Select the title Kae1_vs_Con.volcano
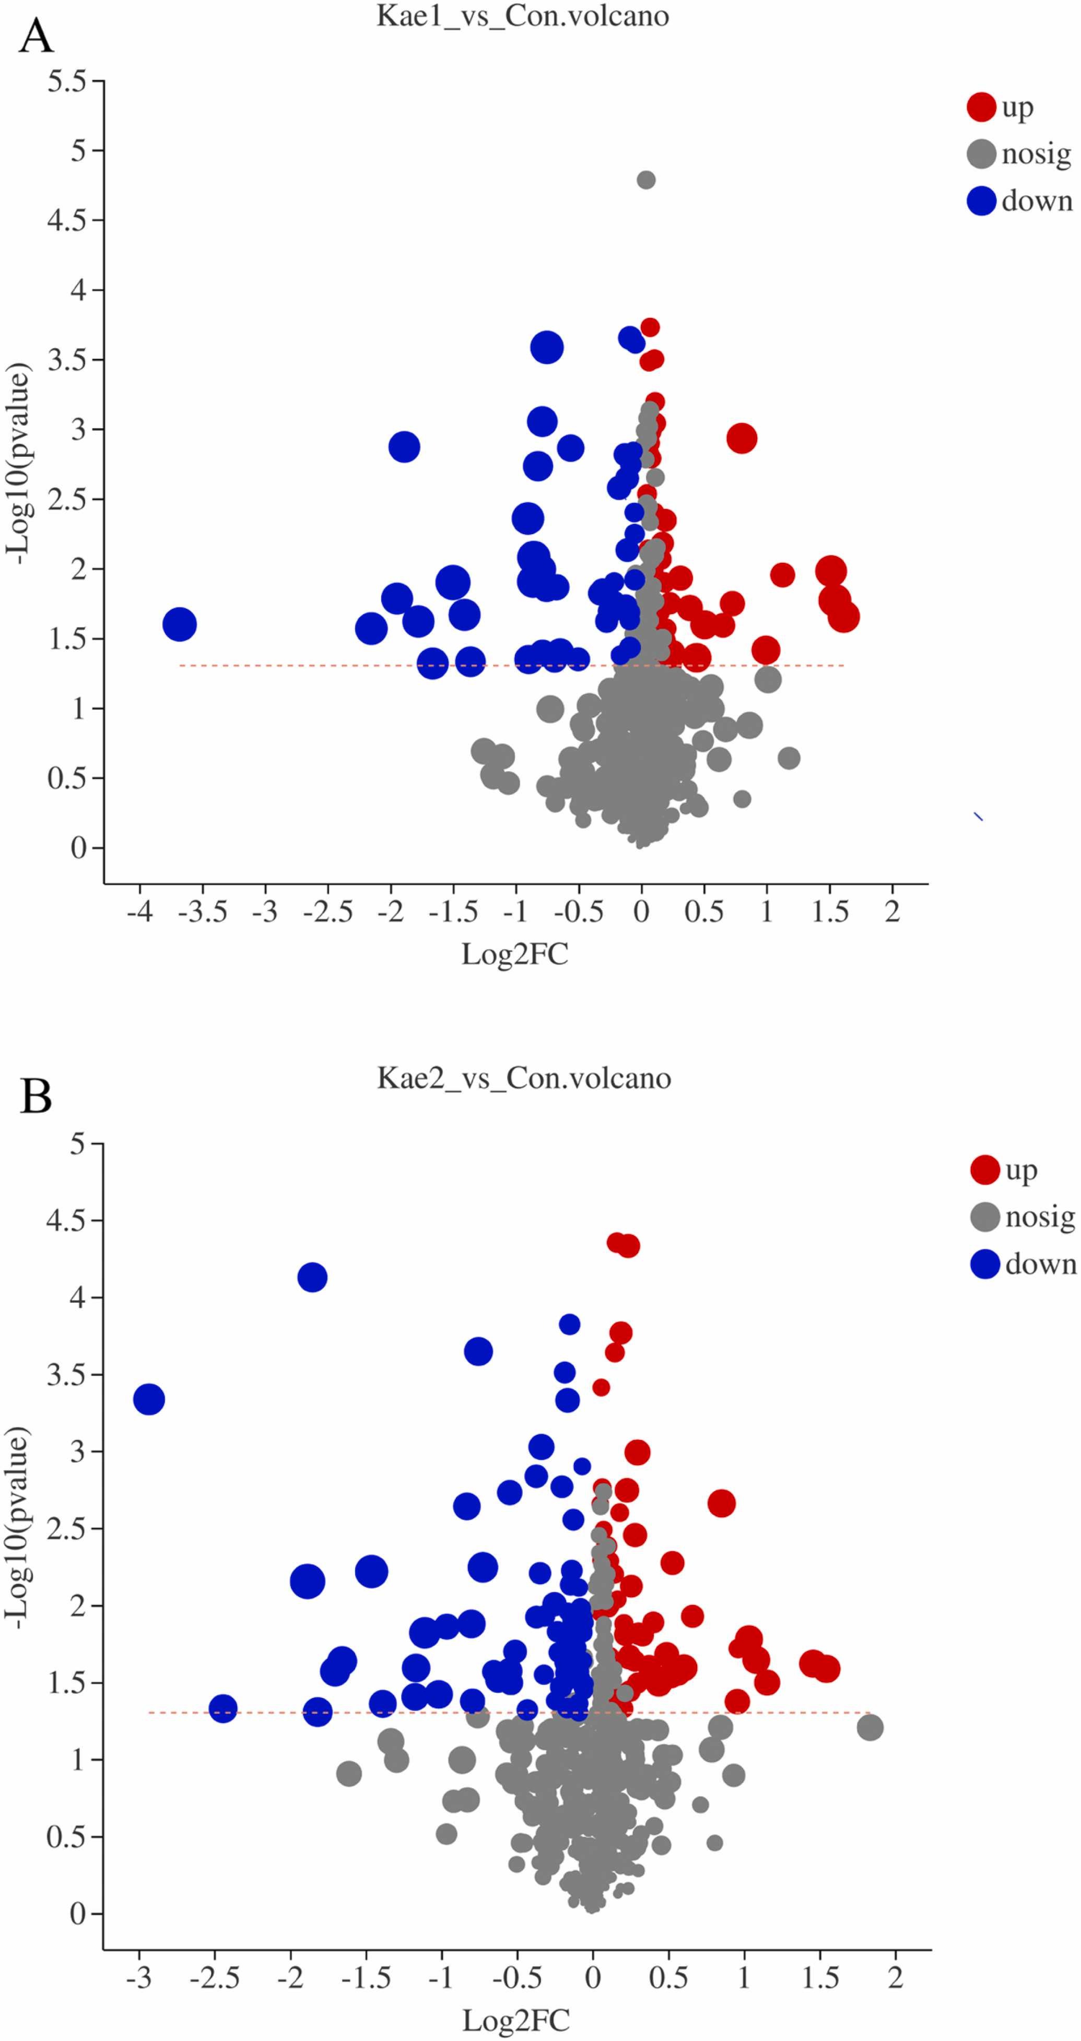(522, 16)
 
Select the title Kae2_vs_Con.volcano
(524, 1078)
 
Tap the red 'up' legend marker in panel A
(981, 107)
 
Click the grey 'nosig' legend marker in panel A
(981, 154)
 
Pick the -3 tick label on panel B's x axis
(139, 1978)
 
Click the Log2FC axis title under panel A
(515, 954)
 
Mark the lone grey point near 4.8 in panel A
(646, 180)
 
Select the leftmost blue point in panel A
(179, 624)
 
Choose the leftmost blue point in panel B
(149, 1400)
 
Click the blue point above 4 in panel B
(312, 1277)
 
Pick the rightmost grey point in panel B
(869, 1727)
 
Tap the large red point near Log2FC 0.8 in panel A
(742, 438)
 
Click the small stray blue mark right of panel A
(979, 816)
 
